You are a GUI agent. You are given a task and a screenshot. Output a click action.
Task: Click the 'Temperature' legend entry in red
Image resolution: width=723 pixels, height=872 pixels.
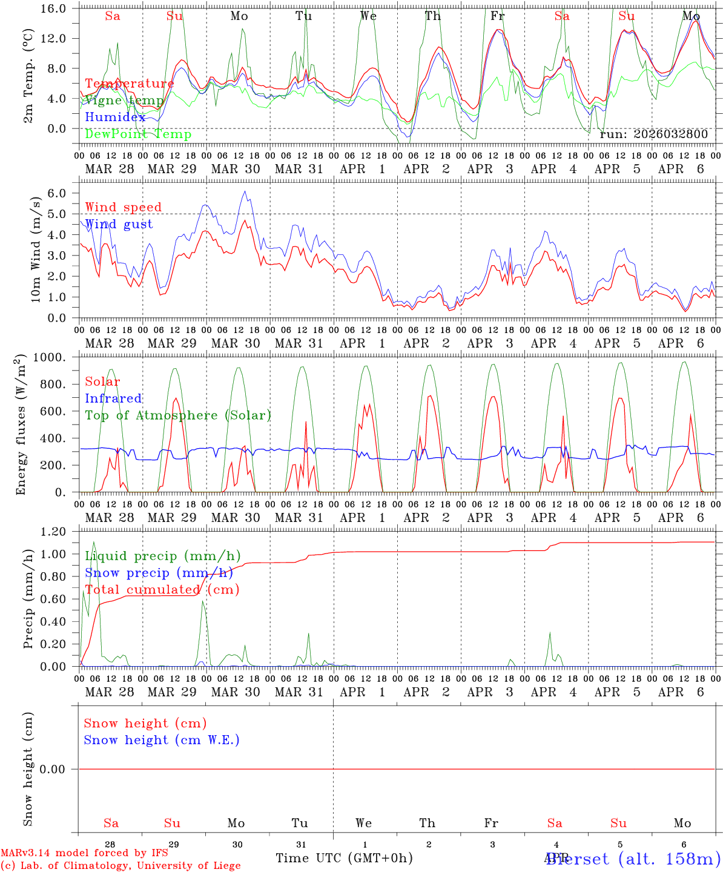129,84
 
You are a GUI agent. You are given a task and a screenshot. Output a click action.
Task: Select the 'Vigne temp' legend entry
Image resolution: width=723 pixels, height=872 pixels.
124,101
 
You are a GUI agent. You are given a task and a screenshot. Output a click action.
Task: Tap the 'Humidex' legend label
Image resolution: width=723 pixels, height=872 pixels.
115,117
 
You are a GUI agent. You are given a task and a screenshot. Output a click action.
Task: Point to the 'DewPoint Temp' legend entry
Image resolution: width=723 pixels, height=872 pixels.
138,134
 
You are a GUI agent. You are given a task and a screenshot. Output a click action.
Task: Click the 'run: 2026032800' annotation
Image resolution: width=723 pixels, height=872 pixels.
653,134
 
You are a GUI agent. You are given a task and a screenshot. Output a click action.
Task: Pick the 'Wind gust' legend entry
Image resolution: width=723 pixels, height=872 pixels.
119,224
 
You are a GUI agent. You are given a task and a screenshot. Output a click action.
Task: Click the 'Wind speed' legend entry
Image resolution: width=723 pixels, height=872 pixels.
123,207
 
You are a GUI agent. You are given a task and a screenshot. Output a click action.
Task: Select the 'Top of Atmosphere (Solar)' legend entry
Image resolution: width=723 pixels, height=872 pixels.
177,415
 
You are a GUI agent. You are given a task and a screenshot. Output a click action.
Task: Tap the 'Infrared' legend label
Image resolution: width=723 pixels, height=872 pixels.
113,398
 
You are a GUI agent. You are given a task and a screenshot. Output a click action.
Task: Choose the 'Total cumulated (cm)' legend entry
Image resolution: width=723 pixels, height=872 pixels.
162,589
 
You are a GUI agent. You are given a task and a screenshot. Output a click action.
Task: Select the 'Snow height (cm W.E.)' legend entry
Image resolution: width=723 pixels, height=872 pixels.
161,740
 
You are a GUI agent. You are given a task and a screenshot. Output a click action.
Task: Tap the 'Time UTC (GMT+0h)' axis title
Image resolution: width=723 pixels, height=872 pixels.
344,858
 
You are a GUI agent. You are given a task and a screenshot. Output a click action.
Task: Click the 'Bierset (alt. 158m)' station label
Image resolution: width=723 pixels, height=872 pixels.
633,859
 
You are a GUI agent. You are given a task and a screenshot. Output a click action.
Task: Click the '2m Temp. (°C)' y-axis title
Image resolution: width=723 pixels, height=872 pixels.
28,75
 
